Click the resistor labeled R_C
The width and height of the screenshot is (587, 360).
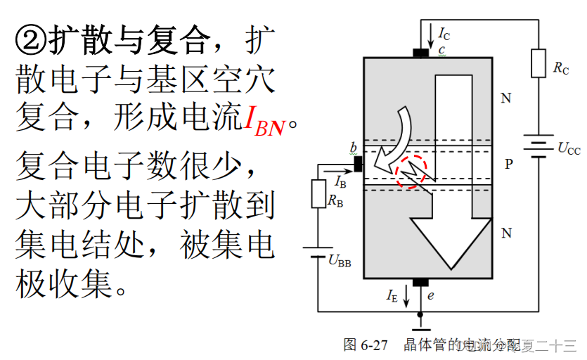pyautogui.click(x=538, y=64)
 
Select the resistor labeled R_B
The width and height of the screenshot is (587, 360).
pyautogui.click(x=318, y=193)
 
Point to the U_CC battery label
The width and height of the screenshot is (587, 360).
pyautogui.click(x=568, y=148)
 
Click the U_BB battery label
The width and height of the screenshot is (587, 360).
pyautogui.click(x=340, y=263)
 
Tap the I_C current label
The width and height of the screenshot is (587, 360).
pyautogui.click(x=444, y=33)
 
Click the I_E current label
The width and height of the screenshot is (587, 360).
pyautogui.click(x=392, y=296)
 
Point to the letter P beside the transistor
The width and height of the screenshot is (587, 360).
pyautogui.click(x=509, y=165)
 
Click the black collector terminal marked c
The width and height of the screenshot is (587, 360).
pyautogui.click(x=421, y=53)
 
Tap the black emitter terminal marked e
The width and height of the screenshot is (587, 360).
pyautogui.click(x=420, y=283)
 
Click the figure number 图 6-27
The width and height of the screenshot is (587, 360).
pyautogui.click(x=366, y=345)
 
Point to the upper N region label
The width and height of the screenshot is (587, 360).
pyautogui.click(x=505, y=98)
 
